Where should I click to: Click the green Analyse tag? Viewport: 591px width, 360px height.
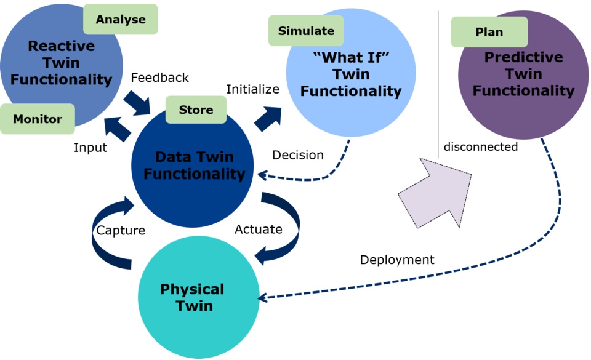click(x=121, y=19)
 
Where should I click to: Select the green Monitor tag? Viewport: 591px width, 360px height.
click(x=38, y=119)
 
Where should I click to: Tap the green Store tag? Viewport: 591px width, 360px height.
click(x=196, y=110)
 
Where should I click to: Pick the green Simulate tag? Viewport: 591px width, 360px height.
click(x=306, y=31)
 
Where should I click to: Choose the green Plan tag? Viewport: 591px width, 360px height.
click(x=489, y=32)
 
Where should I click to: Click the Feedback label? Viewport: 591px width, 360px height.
click(x=159, y=78)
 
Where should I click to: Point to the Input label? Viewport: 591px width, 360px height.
click(x=90, y=148)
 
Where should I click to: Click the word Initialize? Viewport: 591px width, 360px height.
click(x=252, y=89)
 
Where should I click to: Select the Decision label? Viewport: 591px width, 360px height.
click(x=298, y=155)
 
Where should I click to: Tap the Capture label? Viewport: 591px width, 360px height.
click(x=121, y=231)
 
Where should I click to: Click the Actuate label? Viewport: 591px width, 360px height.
click(x=259, y=230)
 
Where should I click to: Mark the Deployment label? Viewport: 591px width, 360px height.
click(x=397, y=260)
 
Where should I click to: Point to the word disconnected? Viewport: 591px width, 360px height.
click(x=480, y=147)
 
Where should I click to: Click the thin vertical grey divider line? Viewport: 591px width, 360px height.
click(x=438, y=80)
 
